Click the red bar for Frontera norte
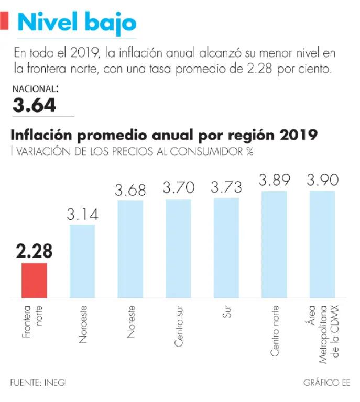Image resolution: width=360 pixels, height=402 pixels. coord(34,281)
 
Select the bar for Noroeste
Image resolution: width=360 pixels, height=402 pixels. coord(82,261)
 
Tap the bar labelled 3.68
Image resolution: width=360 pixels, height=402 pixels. coord(130,249)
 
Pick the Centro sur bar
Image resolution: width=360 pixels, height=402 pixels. coord(178,249)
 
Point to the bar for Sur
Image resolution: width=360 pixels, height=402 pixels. coord(226,248)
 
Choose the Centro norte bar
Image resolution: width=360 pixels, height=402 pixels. coord(274,244)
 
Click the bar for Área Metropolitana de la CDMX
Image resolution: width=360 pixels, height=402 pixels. coord(322,244)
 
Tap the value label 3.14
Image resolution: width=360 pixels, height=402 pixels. coord(82,214)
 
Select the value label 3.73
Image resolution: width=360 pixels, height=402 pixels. coord(226,186)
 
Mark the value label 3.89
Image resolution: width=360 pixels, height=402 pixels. coord(274,180)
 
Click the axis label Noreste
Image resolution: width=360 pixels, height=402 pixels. coord(131,321)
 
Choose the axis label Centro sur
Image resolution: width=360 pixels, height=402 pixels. coord(179,326)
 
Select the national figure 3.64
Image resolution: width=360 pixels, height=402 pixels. coord(35,105)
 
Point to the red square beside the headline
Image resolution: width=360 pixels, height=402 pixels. coord(5,21)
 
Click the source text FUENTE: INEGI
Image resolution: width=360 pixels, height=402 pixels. coord(38,383)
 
